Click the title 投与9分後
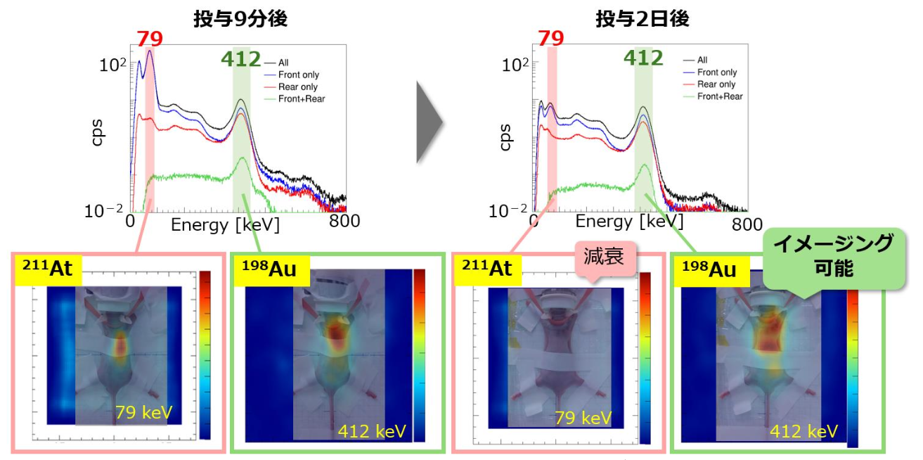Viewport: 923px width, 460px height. pyautogui.click(x=240, y=19)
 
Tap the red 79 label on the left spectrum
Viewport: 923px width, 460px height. pyautogui.click(x=150, y=39)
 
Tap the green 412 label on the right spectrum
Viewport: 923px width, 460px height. pyautogui.click(x=643, y=58)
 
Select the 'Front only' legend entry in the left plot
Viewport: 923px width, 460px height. pyautogui.click(x=299, y=75)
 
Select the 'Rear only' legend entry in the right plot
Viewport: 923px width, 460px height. pyautogui.click(x=716, y=84)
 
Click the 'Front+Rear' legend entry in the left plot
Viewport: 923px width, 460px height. pyautogui.click(x=302, y=99)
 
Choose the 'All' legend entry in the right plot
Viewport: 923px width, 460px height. pyautogui.click(x=702, y=60)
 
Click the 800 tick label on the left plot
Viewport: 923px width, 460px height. pyautogui.click(x=344, y=222)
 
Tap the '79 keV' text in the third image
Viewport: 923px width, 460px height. pyautogui.click(x=583, y=419)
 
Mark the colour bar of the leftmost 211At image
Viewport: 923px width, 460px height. pyautogui.click(x=205, y=355)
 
